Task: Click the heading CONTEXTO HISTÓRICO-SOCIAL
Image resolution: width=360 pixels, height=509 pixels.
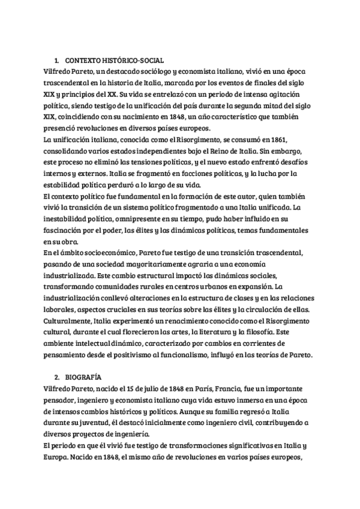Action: (113, 61)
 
